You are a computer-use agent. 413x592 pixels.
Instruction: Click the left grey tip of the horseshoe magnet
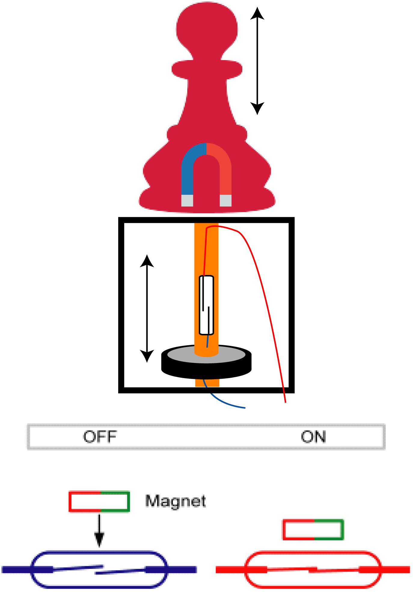[187, 200]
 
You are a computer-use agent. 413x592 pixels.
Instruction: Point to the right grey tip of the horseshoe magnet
[225, 200]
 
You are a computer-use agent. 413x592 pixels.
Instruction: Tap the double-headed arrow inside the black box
[147, 308]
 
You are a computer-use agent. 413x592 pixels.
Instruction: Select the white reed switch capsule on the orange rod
[206, 305]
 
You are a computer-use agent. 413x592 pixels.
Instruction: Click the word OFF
[100, 437]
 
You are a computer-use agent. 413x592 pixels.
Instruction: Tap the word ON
[313, 437]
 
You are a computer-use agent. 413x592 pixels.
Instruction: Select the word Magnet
[176, 501]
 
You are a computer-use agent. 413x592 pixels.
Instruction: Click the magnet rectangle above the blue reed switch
[99, 501]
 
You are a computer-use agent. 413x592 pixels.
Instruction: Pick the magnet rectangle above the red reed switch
[313, 529]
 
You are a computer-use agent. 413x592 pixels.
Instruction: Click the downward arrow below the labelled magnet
[99, 530]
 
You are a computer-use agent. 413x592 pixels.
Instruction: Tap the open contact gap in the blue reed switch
[99, 570]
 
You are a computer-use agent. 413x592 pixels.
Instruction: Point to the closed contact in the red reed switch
[313, 569]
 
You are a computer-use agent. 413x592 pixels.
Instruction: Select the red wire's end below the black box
[285, 401]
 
